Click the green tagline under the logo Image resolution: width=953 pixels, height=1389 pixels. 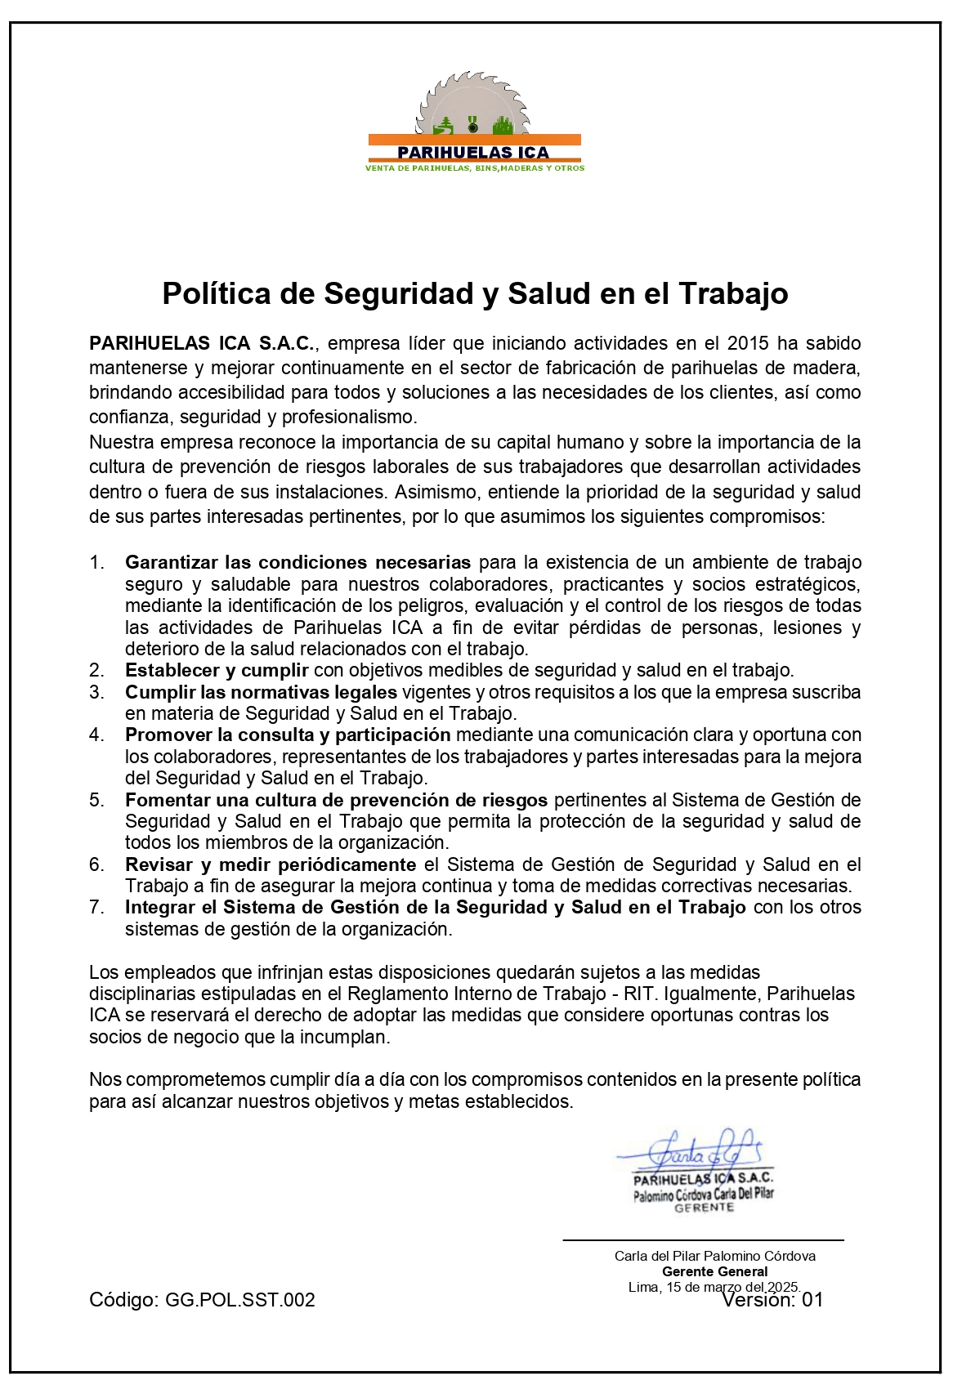click(474, 168)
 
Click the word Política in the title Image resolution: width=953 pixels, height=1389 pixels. click(215, 293)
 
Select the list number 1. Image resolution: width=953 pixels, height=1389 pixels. click(97, 563)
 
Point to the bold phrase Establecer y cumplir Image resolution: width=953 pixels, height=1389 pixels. click(217, 671)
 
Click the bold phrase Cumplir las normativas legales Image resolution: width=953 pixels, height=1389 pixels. click(261, 693)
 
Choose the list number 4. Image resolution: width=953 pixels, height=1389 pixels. click(97, 735)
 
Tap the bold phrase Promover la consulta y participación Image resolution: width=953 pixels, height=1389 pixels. click(288, 735)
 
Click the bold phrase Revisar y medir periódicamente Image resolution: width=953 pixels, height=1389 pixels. click(271, 864)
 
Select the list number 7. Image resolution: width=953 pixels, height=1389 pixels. click(97, 908)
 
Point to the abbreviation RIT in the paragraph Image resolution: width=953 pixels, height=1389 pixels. click(638, 994)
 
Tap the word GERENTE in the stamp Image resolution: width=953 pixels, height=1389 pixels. click(704, 1208)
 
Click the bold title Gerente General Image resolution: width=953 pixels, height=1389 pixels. click(714, 1271)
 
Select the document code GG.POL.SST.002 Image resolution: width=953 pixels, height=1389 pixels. click(239, 1300)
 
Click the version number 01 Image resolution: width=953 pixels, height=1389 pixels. click(812, 1300)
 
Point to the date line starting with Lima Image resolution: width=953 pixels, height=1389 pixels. click(713, 1287)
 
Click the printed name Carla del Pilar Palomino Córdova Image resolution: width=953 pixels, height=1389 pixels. click(714, 1256)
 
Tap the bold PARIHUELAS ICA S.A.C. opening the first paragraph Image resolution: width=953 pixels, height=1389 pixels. click(201, 343)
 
